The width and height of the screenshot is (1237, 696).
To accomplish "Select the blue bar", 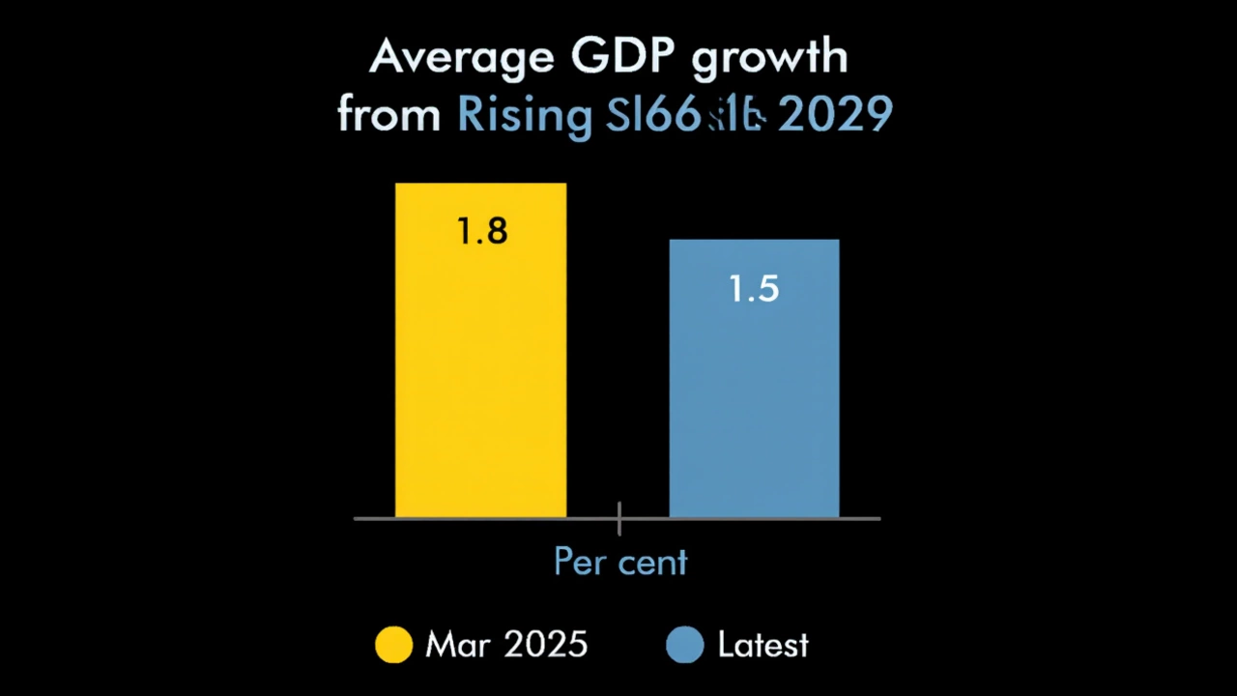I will [x=754, y=406].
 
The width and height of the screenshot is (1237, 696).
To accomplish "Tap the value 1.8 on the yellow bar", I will [x=481, y=232].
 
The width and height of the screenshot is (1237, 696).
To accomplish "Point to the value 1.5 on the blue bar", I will [x=754, y=289].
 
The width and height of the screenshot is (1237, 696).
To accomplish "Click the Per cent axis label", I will [x=619, y=562].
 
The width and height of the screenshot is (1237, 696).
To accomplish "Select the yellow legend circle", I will [x=393, y=645].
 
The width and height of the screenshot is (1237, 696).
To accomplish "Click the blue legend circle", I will [x=684, y=645].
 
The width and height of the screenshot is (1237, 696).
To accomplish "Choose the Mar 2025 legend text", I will [x=505, y=645].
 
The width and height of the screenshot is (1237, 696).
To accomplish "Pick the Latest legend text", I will [x=762, y=645].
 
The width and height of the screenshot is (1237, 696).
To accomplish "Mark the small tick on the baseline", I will [x=618, y=519].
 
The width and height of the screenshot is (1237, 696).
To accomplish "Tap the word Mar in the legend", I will [x=456, y=645].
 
